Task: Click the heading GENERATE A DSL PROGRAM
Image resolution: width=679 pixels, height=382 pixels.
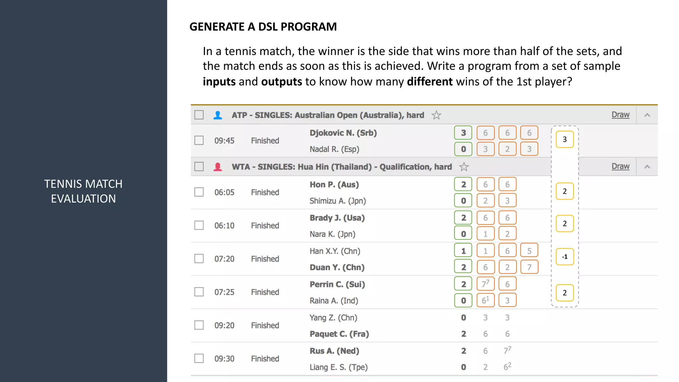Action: pos(263,27)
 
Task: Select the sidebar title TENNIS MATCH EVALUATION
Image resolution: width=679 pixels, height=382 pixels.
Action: pos(83,191)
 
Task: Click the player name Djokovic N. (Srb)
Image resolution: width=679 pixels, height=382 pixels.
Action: pos(343,133)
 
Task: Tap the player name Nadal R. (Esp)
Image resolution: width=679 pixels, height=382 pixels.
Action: pos(334,149)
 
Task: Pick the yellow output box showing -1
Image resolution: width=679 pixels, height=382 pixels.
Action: pos(565,257)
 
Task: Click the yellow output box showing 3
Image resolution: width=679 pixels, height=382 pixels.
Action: pos(565,139)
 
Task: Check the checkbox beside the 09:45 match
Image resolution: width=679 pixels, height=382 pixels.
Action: pos(199,140)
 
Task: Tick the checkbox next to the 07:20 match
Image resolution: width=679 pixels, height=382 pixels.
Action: pos(199,258)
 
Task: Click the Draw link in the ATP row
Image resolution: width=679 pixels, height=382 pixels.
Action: pos(620,115)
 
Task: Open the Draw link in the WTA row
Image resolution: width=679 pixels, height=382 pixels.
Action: pos(620,166)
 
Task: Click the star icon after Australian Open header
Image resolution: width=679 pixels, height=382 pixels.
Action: pos(436,115)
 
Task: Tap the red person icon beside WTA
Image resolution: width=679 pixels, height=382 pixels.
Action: pos(218,166)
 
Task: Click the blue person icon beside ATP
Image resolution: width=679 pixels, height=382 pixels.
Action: pos(218,115)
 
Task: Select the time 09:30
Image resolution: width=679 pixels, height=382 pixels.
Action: pos(224,359)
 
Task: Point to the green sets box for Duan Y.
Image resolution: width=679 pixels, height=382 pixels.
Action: pos(463,267)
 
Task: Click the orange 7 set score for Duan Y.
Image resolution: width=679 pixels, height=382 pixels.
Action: pos(529,267)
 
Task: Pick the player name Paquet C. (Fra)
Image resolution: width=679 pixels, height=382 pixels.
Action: pos(339,334)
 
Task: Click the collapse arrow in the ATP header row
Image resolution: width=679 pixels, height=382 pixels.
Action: pos(647,115)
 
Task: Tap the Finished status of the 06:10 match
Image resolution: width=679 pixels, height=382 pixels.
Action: pos(265,226)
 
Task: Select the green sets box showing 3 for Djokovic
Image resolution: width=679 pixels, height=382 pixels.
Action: pos(463,133)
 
